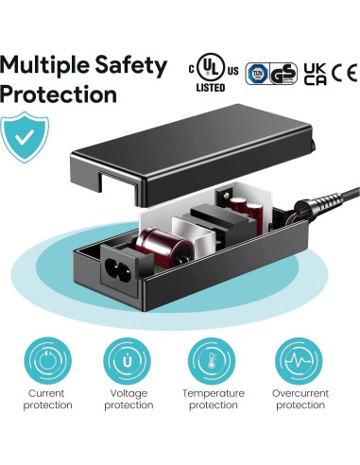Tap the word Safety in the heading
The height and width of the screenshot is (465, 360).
135,65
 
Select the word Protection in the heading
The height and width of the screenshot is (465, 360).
59,95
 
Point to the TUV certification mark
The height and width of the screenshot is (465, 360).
255,74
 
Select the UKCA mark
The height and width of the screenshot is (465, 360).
317,74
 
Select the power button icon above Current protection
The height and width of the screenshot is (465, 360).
47,361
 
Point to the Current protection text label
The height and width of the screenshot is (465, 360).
47,399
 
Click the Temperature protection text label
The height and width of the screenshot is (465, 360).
214,399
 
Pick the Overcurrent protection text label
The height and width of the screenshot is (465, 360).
300,399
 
